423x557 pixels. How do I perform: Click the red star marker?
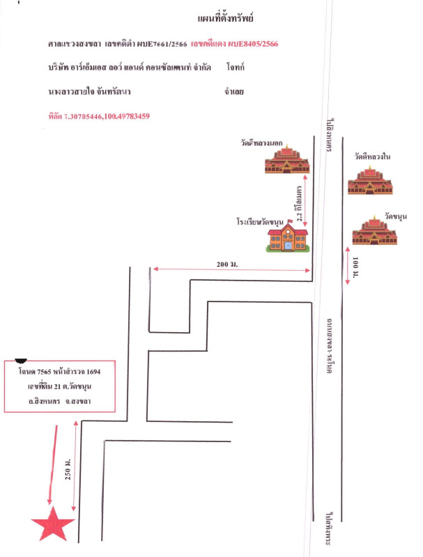pos(52,524)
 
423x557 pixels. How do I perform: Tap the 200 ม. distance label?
pos(228,263)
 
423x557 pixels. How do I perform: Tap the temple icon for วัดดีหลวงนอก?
pos(286,161)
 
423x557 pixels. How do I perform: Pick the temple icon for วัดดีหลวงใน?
pos(371,180)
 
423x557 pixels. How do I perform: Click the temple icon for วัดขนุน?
pos(375,231)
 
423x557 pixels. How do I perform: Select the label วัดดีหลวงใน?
pos(372,157)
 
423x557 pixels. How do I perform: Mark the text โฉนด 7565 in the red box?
pos(38,373)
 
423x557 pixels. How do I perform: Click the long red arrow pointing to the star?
pos(51,463)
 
